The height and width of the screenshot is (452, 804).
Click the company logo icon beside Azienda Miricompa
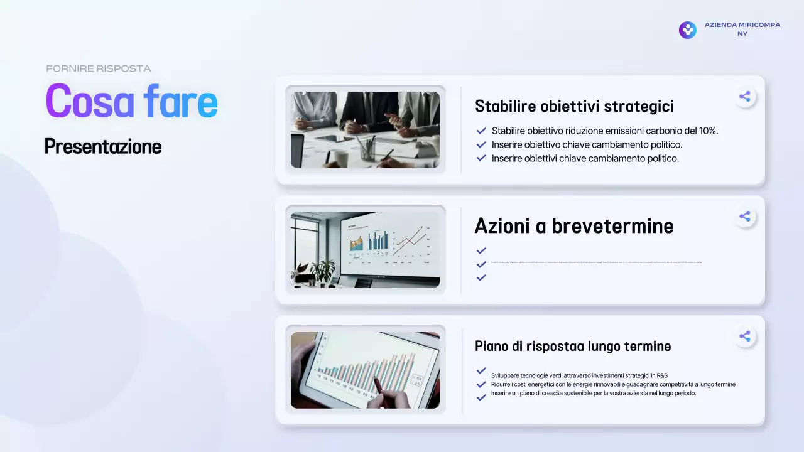[687, 30]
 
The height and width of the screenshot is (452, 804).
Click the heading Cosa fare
[131, 101]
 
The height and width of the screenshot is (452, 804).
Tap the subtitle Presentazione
[103, 147]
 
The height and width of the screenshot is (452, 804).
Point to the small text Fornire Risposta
[98, 68]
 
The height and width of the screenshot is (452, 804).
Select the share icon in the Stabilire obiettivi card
[744, 97]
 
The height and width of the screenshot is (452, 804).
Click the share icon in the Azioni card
[744, 217]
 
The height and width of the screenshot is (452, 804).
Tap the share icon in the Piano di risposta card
[744, 336]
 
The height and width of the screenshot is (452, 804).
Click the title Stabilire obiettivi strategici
[574, 106]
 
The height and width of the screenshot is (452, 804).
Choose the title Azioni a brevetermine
[574, 226]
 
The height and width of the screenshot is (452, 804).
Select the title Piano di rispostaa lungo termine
[573, 346]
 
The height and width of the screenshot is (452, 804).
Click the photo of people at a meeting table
[365, 130]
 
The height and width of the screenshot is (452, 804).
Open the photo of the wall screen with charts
[365, 250]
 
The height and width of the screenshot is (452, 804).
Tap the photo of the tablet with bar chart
[365, 370]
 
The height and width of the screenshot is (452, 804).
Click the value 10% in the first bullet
[708, 131]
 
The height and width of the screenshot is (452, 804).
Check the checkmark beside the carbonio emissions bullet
[481, 131]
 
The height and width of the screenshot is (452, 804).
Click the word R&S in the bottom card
[662, 375]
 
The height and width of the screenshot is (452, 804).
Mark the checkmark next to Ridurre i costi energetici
[481, 384]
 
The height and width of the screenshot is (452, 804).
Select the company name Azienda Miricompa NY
[742, 29]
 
